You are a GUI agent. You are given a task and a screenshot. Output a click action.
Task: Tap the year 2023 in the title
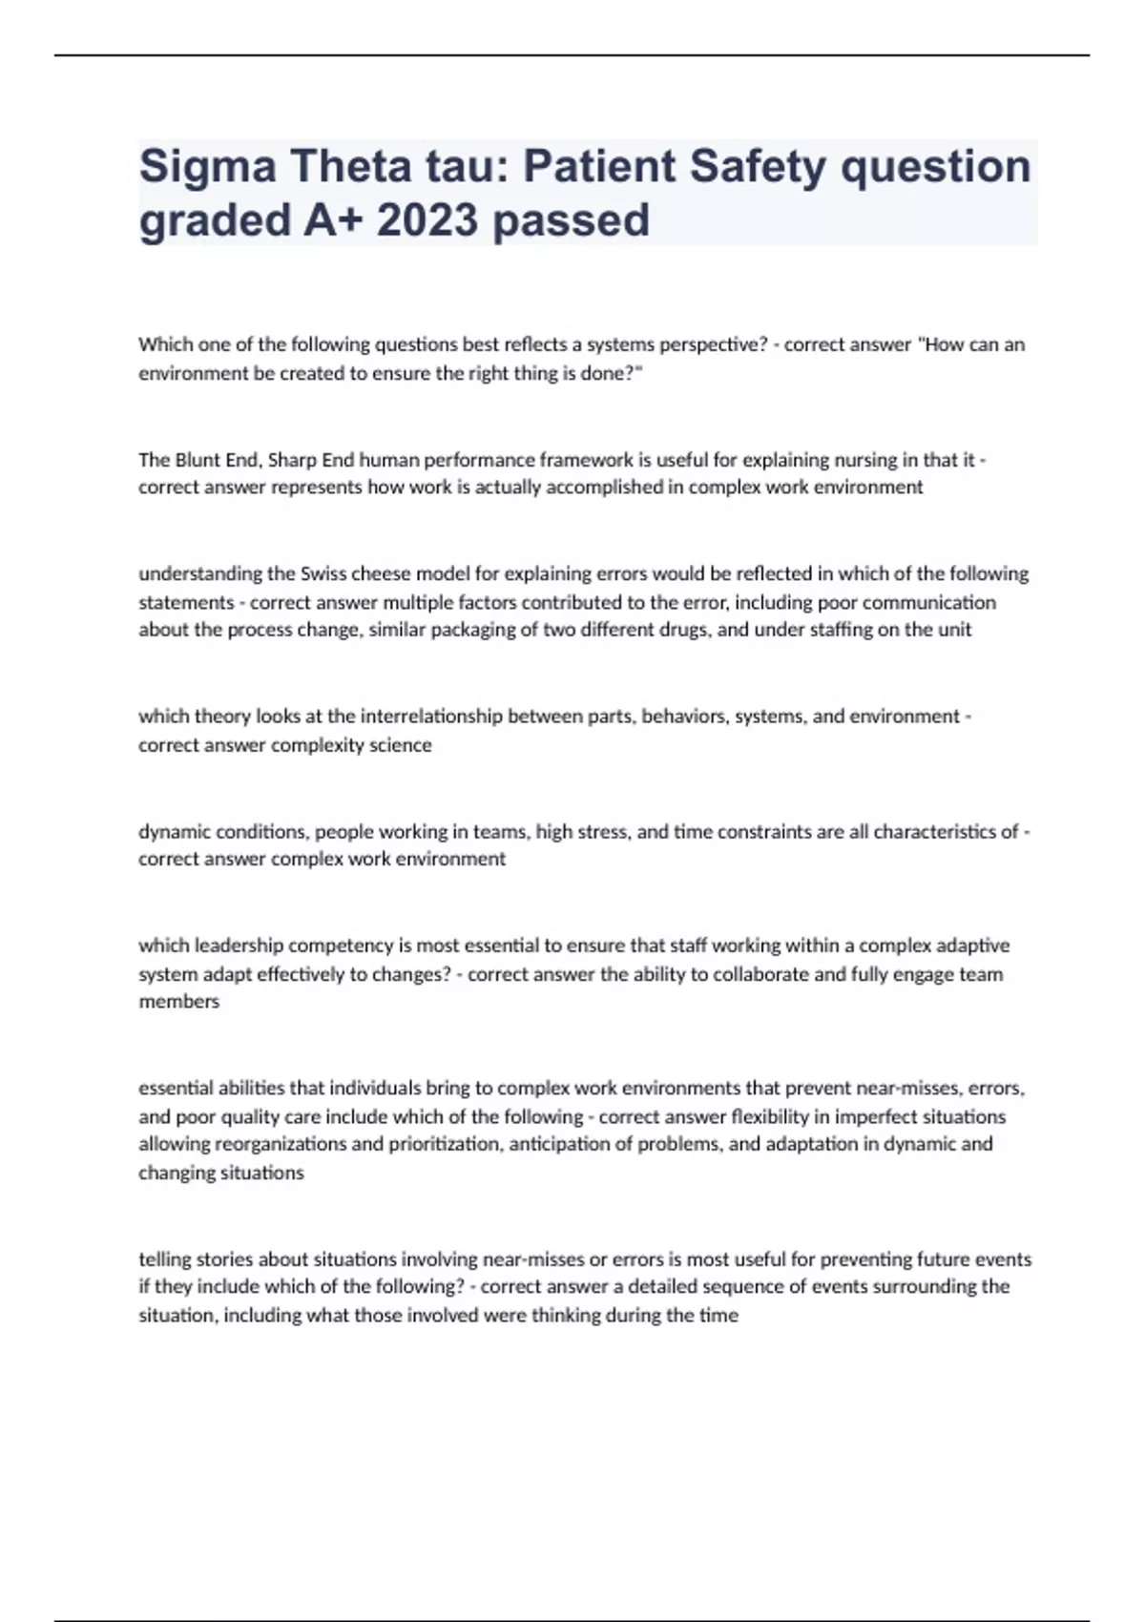[x=427, y=220]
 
